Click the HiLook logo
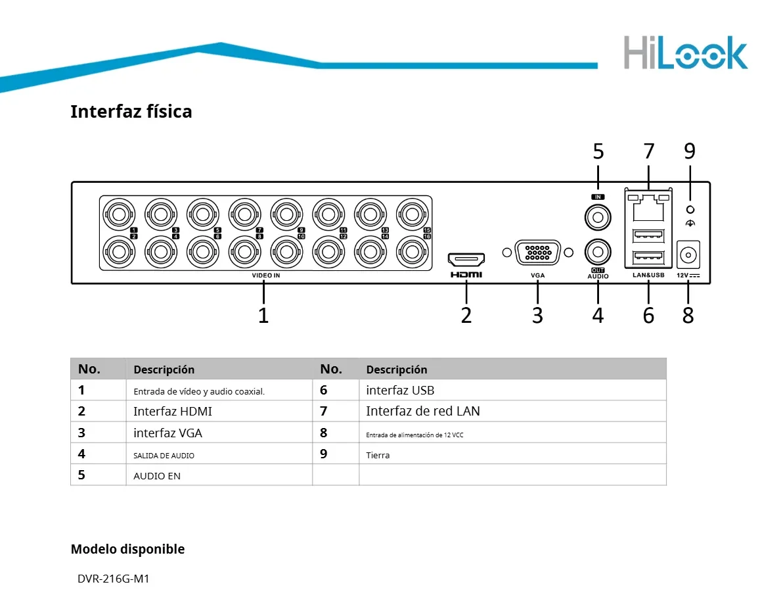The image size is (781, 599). tap(685, 53)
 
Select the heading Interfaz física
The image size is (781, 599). tap(131, 111)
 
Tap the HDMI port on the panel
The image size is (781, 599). tap(466, 258)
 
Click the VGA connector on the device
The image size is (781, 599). tap(537, 253)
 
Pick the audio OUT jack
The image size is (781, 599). tap(598, 251)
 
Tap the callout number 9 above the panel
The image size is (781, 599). tap(689, 151)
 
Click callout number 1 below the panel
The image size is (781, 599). tap(263, 316)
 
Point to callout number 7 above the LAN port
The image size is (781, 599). tap(649, 151)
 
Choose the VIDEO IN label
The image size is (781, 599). tap(265, 276)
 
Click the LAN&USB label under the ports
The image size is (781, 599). tap(648, 276)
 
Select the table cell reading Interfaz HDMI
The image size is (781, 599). tap(173, 412)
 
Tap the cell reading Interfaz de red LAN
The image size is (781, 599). tap(423, 412)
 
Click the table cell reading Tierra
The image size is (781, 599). tap(378, 455)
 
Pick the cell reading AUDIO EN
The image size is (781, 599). tap(157, 475)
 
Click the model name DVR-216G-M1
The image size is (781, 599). tap(114, 579)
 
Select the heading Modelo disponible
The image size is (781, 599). tap(127, 549)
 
